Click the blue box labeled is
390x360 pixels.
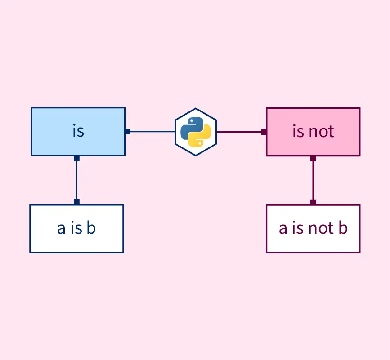(78, 131)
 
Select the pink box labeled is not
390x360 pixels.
(313, 132)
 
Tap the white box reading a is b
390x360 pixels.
(76, 228)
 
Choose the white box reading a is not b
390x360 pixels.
(313, 228)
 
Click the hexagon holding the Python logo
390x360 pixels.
(196, 132)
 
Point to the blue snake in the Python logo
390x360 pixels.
(190, 126)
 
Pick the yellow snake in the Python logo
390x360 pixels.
(201, 138)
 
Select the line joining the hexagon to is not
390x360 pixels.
(239, 132)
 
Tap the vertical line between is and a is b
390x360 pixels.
(76, 180)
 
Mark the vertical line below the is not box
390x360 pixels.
(313, 180)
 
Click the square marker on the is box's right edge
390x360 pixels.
(128, 132)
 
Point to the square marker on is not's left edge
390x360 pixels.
(264, 132)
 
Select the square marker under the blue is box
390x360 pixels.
(76, 158)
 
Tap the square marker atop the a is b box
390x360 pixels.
(76, 202)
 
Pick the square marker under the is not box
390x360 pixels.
(313, 158)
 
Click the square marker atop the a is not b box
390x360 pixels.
(313, 202)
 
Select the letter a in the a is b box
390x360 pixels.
(61, 229)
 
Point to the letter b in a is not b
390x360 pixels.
(343, 228)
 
